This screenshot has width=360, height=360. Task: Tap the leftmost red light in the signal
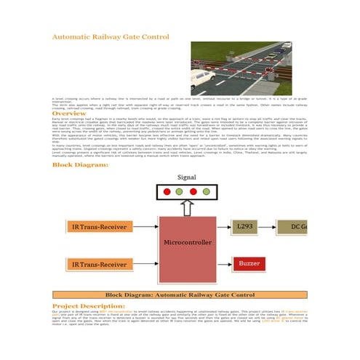point(167,192)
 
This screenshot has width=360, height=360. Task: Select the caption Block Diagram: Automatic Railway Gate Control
point(180,295)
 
